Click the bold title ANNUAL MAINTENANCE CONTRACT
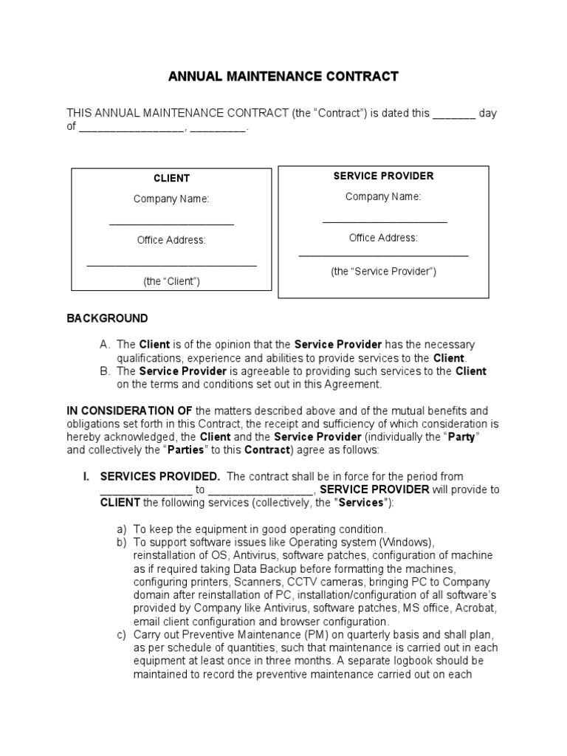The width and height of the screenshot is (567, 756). click(x=283, y=76)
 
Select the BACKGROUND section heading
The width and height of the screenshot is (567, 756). click(x=107, y=318)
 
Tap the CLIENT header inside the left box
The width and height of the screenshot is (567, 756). click(x=171, y=178)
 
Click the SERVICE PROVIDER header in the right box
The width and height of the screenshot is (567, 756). click(x=383, y=176)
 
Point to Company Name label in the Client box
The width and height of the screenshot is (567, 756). click(x=171, y=199)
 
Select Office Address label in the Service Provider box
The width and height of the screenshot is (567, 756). click(x=383, y=238)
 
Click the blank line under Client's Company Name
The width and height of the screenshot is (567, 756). click(x=171, y=224)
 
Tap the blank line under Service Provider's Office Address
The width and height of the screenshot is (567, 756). click(x=383, y=255)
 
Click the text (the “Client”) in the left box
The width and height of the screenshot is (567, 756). click(x=171, y=281)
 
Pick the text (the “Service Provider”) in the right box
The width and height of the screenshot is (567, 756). click(x=383, y=271)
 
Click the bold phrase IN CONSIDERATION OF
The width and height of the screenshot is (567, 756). click(x=130, y=410)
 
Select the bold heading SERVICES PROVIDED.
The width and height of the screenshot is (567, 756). click(x=159, y=476)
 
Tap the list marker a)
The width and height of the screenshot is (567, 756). click(x=122, y=529)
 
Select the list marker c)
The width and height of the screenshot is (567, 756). click(x=122, y=634)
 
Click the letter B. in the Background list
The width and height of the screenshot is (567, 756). click(x=104, y=371)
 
